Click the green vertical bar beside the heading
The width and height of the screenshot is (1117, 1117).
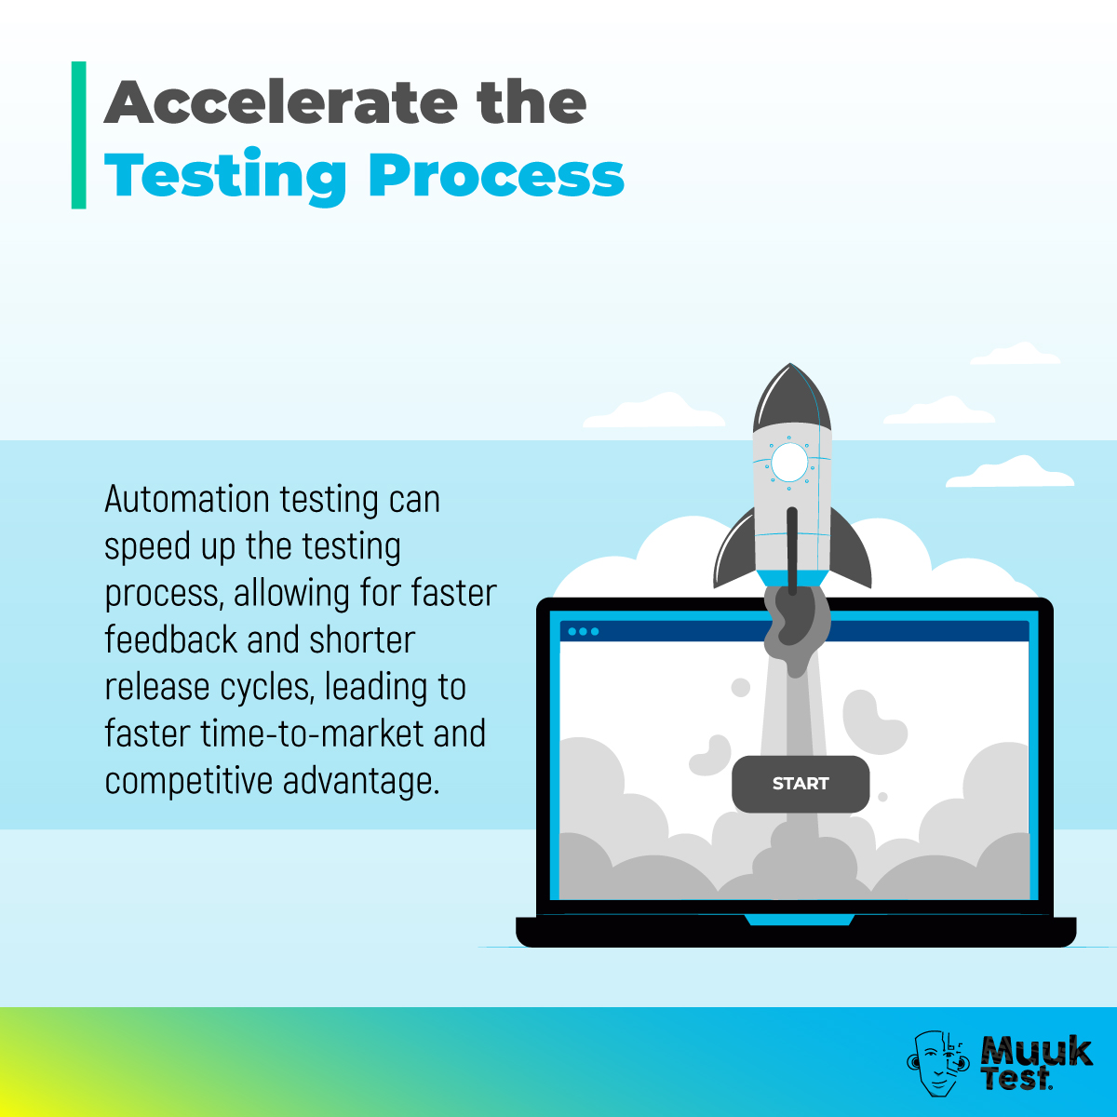click(x=79, y=135)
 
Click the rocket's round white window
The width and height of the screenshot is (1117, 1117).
click(x=789, y=462)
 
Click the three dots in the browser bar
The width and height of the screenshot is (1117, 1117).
click(x=584, y=631)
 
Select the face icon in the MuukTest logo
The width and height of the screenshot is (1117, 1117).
click(x=938, y=1062)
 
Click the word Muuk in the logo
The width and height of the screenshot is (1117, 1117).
click(x=1036, y=1051)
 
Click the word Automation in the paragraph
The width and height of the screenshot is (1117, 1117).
click(x=187, y=500)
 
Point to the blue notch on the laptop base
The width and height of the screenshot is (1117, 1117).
click(x=800, y=920)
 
